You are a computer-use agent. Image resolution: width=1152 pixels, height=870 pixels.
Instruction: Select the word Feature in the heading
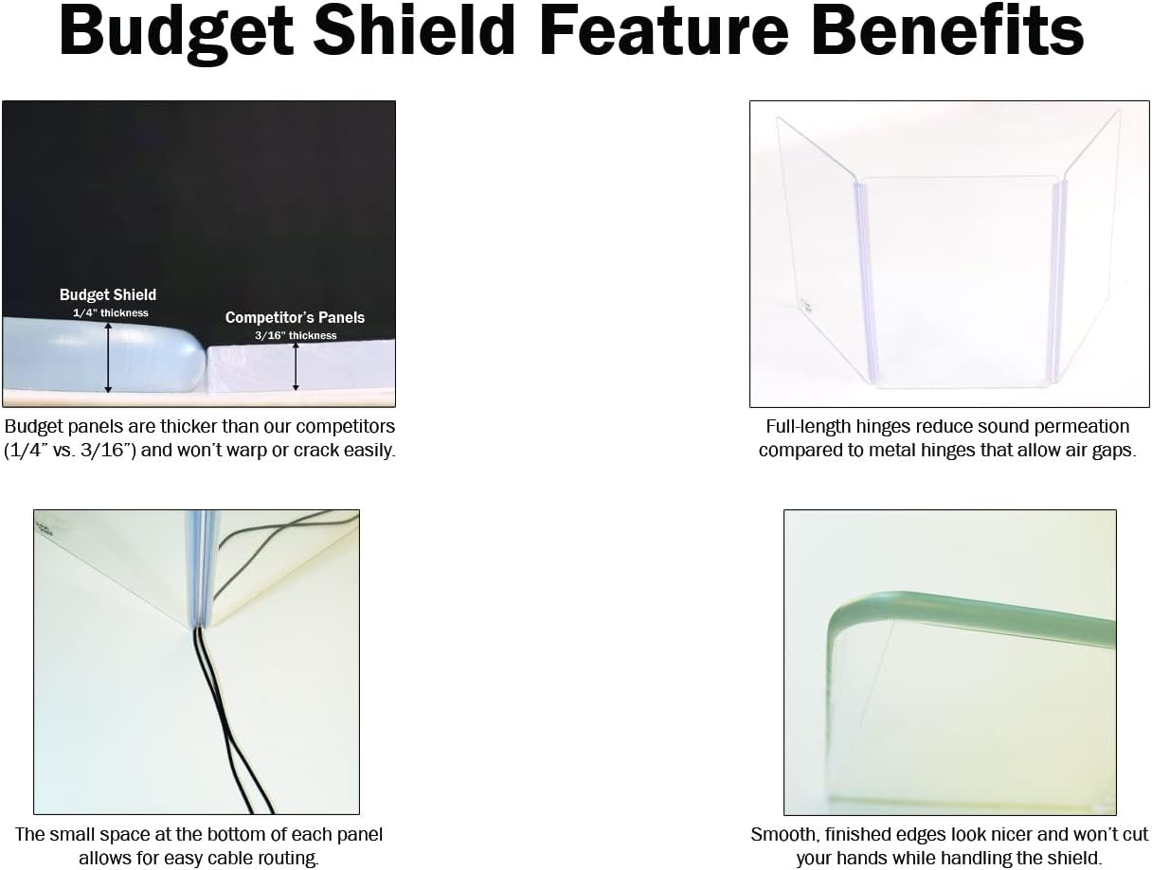pyautogui.click(x=662, y=31)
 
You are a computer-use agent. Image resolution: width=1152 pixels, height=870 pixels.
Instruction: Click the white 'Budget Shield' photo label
pyautogui.click(x=108, y=295)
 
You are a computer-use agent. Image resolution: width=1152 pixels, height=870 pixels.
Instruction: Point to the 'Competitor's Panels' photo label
pyautogui.click(x=295, y=318)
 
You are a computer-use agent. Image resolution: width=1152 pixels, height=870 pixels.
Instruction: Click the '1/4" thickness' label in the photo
pyautogui.click(x=111, y=312)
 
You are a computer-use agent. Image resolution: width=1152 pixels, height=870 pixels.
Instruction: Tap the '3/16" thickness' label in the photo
pyautogui.click(x=296, y=335)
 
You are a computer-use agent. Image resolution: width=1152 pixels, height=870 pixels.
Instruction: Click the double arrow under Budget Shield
pyautogui.click(x=108, y=357)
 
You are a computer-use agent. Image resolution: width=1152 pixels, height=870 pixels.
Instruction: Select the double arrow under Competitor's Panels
pyautogui.click(x=296, y=366)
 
